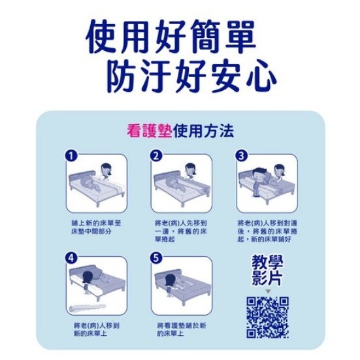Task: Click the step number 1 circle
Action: pyautogui.click(x=72, y=155)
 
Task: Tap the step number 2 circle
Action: pyautogui.click(x=155, y=155)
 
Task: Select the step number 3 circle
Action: pyautogui.click(x=241, y=155)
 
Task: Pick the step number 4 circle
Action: pyautogui.click(x=72, y=258)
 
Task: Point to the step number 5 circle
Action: pyautogui.click(x=155, y=258)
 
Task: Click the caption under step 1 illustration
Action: pyautogui.click(x=96, y=227)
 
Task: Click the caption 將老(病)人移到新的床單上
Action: pyautogui.click(x=95, y=329)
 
